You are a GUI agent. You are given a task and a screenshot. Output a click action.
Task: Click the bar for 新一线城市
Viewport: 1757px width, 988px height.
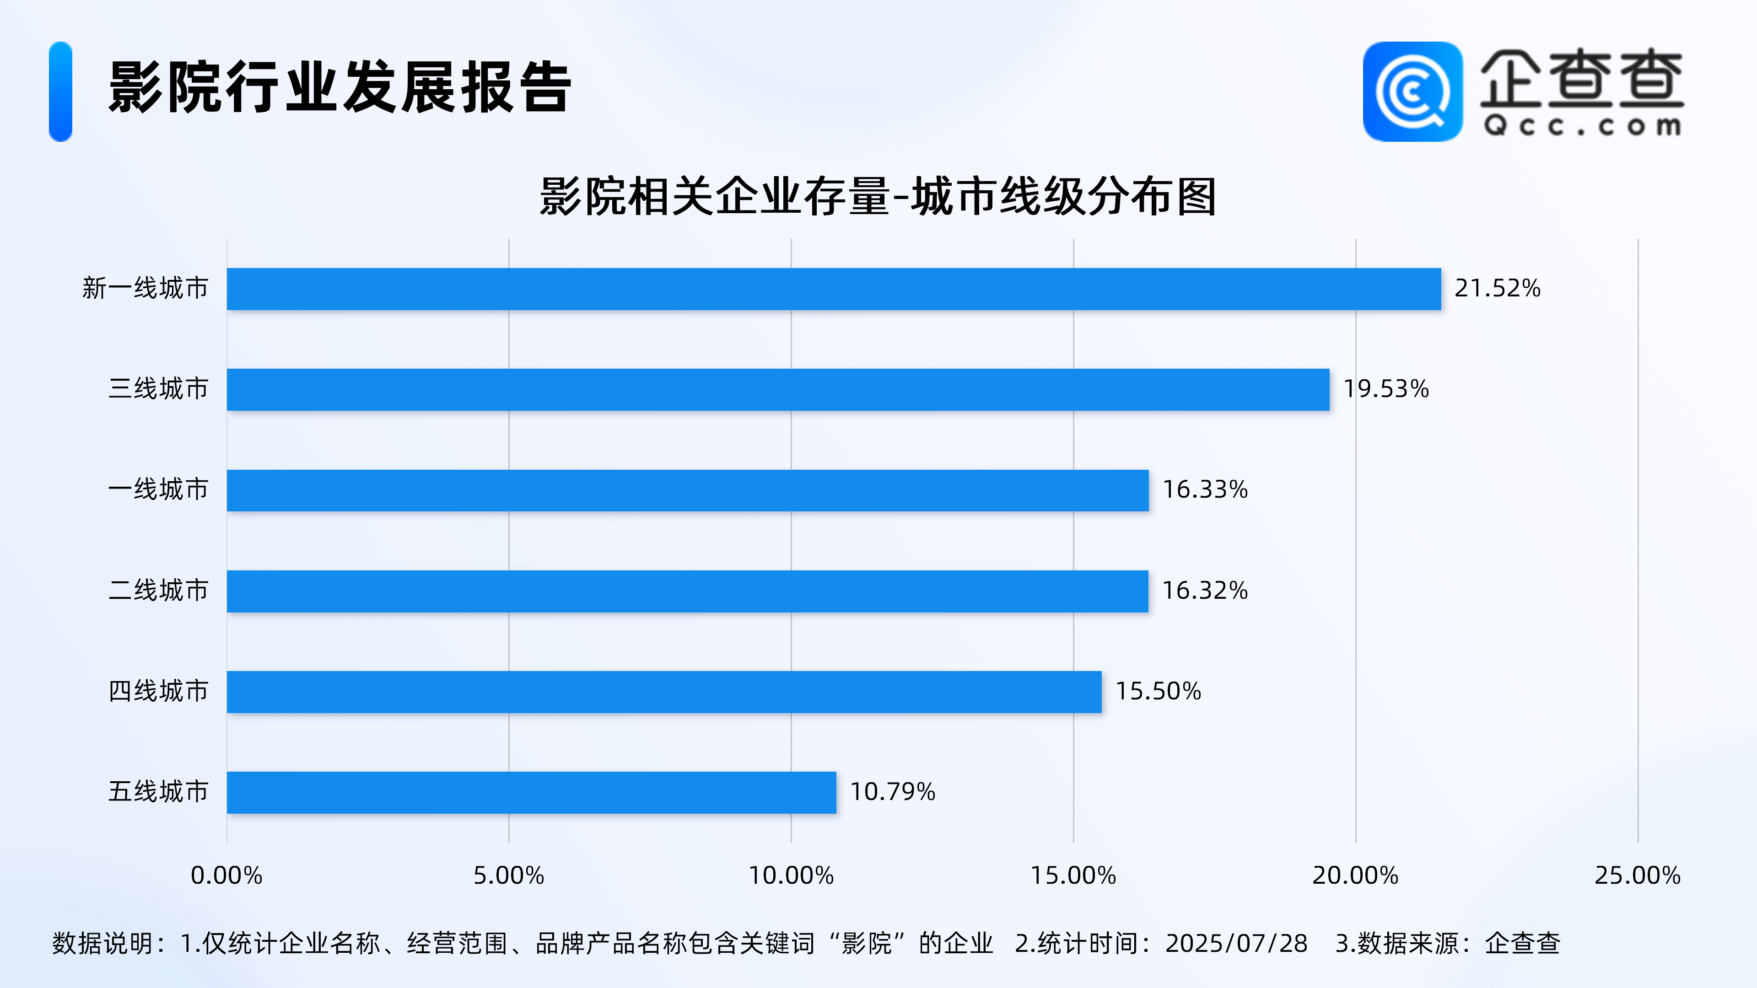(x=834, y=289)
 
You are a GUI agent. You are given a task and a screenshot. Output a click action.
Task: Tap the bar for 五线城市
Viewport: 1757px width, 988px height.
(x=531, y=792)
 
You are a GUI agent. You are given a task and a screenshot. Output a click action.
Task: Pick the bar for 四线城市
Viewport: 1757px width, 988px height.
(x=663, y=692)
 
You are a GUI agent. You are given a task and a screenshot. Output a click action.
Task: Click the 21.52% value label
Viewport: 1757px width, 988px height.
(x=1497, y=289)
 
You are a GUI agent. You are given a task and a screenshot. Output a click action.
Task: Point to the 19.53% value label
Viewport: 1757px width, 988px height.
(x=1385, y=389)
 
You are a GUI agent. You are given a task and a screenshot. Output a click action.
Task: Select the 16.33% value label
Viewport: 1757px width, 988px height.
(x=1205, y=489)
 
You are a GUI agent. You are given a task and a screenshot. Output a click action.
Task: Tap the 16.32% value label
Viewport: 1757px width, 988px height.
(x=1205, y=591)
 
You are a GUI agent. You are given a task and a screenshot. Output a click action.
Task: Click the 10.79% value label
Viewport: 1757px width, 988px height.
(x=892, y=792)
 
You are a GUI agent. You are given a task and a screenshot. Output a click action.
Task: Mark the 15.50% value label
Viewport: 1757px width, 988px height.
(x=1158, y=692)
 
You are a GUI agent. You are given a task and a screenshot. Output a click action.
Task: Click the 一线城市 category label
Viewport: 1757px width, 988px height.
(x=158, y=489)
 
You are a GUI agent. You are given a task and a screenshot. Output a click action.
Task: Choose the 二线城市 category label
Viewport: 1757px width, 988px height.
(x=158, y=591)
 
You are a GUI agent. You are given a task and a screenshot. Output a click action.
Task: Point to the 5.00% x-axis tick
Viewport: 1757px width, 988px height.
(x=509, y=875)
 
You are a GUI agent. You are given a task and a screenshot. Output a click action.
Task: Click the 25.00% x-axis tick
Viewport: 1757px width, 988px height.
(x=1637, y=875)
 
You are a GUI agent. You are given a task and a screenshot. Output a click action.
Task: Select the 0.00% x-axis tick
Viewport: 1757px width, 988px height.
(x=226, y=875)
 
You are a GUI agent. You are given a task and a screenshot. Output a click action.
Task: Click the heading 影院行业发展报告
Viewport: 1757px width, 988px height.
(x=340, y=87)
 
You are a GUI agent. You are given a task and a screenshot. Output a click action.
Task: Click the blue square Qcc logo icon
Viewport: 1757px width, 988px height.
(x=1412, y=91)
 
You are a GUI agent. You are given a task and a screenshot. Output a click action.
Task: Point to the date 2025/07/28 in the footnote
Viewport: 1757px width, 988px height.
(x=1236, y=944)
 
